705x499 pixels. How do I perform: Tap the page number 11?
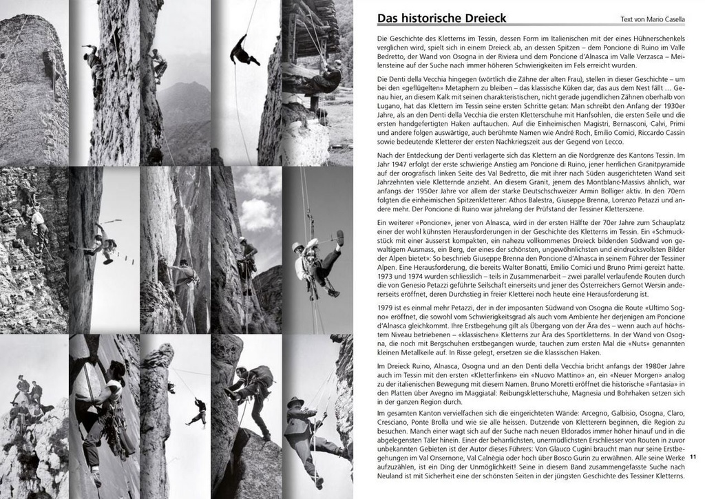click(693, 456)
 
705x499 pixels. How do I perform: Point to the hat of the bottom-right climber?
click(296, 401)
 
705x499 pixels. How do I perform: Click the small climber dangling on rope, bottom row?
click(199, 411)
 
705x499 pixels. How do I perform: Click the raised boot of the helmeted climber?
click(339, 238)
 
